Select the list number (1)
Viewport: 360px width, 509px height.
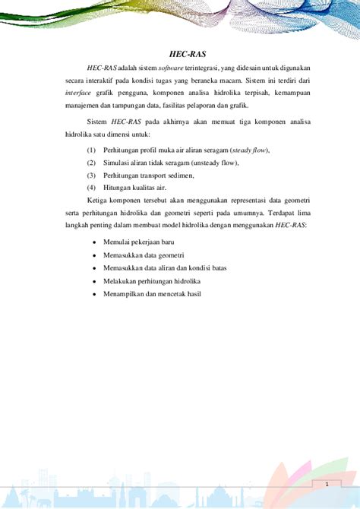(x=91, y=150)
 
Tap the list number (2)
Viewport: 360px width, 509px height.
(x=91, y=163)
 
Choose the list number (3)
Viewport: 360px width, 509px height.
(x=91, y=175)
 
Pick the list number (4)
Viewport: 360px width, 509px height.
(x=91, y=187)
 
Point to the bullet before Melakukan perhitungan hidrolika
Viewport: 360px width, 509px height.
(x=93, y=280)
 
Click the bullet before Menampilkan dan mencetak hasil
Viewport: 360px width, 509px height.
(x=93, y=292)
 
